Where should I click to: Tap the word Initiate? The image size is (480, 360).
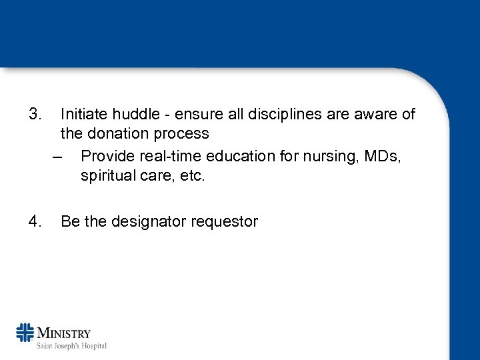(83, 114)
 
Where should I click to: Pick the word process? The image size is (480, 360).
(180, 133)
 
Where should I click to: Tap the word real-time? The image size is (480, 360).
(164, 156)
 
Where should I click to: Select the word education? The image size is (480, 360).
(235, 156)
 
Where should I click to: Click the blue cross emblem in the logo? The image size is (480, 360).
(25, 332)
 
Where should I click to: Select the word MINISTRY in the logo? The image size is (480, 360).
(64, 333)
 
